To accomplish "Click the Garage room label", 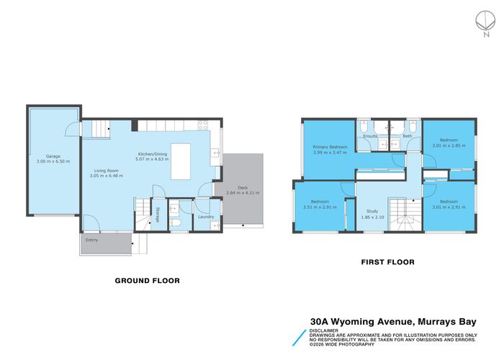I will (x=53, y=156).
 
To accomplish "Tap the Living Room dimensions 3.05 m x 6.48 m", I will (x=104, y=176).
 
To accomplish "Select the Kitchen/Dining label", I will (x=153, y=153).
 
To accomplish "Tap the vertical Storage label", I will (x=158, y=215).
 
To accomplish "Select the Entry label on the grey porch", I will (x=91, y=240).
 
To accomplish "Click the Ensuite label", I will (x=371, y=135).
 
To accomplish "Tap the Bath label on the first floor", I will (x=407, y=135).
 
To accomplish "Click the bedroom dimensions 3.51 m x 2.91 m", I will (x=320, y=207).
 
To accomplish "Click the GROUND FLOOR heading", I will (x=148, y=280).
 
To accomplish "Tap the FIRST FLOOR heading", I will (x=387, y=262).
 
